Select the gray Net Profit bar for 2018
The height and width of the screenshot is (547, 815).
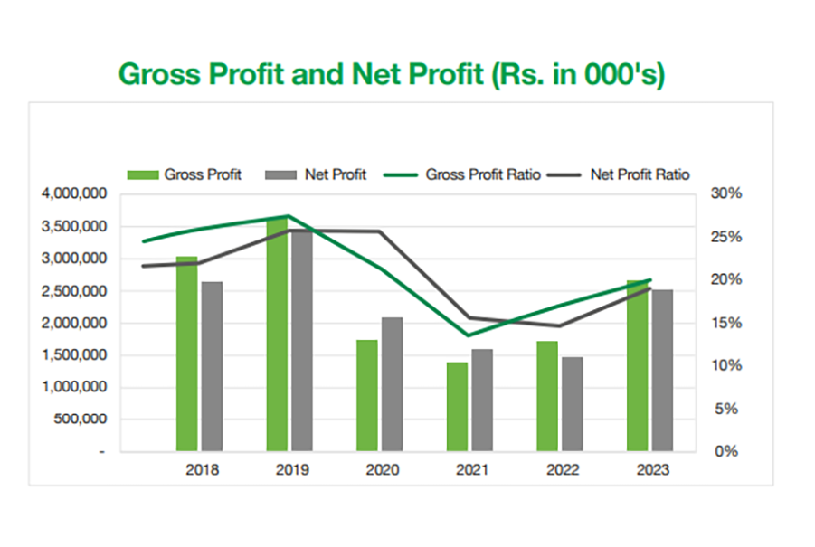tap(212, 366)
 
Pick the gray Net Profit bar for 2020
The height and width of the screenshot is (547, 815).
tap(392, 384)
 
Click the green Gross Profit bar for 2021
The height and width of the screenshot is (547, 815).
tap(458, 406)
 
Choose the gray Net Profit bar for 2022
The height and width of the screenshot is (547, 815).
tap(572, 403)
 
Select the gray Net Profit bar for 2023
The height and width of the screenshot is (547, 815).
tap(662, 370)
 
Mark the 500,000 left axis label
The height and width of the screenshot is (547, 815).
tap(82, 420)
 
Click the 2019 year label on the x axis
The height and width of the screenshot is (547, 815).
tap(291, 470)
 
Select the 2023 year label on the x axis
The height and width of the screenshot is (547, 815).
tap(652, 470)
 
